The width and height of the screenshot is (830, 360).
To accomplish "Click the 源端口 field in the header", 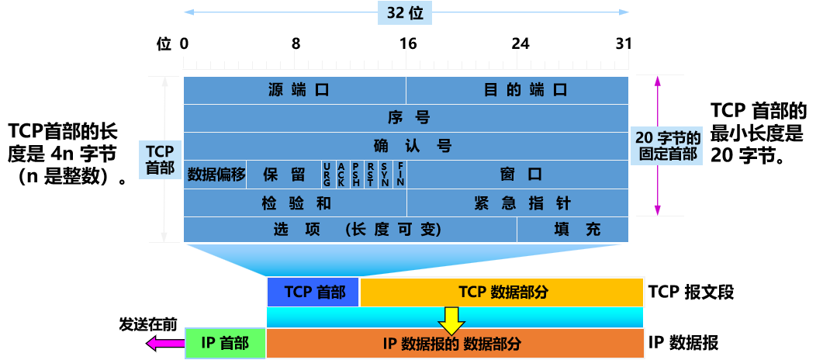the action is (x=295, y=90).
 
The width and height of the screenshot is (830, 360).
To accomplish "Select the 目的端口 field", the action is (x=517, y=90).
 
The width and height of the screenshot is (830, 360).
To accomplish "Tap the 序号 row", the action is (x=406, y=118).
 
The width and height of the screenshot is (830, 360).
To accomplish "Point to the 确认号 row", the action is (x=406, y=146).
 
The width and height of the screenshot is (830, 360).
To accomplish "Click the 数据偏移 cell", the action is (x=216, y=174).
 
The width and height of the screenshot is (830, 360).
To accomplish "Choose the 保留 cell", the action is (x=284, y=174).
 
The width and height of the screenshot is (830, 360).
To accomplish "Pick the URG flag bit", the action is (x=327, y=174).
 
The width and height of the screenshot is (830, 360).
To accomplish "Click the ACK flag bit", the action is (x=341, y=174).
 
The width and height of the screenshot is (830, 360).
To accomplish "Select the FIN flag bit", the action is (x=400, y=174).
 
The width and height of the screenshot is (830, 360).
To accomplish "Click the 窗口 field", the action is (x=517, y=174).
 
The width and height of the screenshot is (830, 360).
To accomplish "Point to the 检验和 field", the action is (x=295, y=203).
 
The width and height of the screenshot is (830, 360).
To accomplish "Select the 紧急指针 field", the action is (x=517, y=203).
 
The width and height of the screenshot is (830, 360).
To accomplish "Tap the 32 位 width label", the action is (x=405, y=12).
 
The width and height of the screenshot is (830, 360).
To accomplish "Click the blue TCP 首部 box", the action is (x=313, y=292).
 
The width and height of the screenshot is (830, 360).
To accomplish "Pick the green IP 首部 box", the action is (x=225, y=343).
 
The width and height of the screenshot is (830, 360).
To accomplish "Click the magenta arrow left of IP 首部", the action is (x=163, y=343).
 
